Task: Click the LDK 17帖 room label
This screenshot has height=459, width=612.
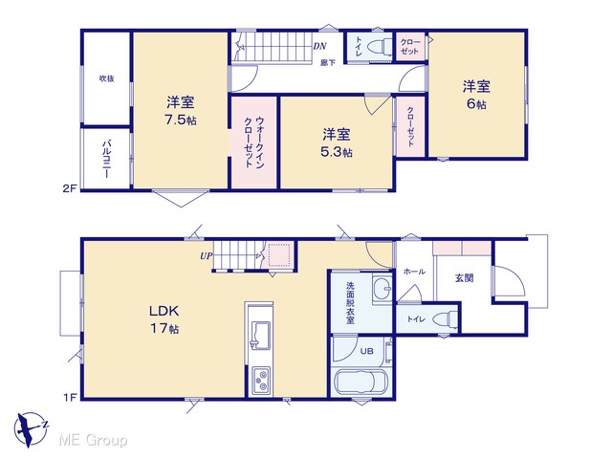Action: pyautogui.click(x=164, y=319)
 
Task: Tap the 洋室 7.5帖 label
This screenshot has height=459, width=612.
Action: pyautogui.click(x=181, y=111)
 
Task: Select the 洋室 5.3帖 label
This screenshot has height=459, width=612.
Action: pyautogui.click(x=337, y=142)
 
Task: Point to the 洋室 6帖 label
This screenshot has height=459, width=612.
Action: pyautogui.click(x=476, y=95)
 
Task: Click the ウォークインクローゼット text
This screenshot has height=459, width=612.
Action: pyautogui.click(x=254, y=142)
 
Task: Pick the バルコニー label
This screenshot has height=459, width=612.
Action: pyautogui.click(x=106, y=160)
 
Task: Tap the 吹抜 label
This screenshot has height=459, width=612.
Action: pyautogui.click(x=106, y=78)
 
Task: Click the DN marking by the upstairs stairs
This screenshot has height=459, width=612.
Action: pyautogui.click(x=319, y=46)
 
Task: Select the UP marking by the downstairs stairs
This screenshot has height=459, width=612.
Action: pyautogui.click(x=207, y=256)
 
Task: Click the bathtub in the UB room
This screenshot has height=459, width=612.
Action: pyautogui.click(x=361, y=382)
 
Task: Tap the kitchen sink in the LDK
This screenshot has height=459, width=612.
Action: pyautogui.click(x=259, y=336)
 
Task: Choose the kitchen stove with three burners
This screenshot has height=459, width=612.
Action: pyautogui.click(x=260, y=381)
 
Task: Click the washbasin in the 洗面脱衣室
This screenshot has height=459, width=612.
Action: pyautogui.click(x=382, y=289)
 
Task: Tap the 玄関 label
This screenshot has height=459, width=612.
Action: pyautogui.click(x=464, y=278)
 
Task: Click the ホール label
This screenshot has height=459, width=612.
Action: pyautogui.click(x=414, y=272)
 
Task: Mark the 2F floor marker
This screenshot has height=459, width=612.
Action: pyautogui.click(x=69, y=189)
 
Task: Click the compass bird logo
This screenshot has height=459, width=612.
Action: pyautogui.click(x=31, y=429)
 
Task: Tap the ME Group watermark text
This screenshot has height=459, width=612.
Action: pyautogui.click(x=93, y=440)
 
